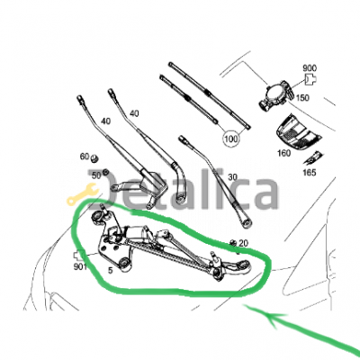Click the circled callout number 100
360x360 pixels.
click(231, 139)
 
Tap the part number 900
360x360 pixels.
click(310, 68)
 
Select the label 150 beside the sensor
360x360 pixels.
click(302, 98)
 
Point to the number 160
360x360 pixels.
click(283, 153)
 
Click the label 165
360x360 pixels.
click(310, 173)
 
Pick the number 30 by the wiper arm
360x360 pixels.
click(232, 177)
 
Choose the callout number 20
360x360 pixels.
click(244, 243)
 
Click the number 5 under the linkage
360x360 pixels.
click(111, 271)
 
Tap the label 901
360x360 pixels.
click(80, 266)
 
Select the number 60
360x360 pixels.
click(85, 157)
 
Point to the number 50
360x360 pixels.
click(96, 175)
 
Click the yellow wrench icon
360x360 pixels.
click(82, 195)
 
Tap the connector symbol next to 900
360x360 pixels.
click(310, 79)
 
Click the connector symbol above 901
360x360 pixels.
click(79, 256)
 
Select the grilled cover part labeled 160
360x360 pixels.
click(298, 131)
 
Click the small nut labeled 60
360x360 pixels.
click(94, 157)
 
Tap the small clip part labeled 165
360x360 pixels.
click(312, 158)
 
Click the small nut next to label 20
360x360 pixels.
click(232, 242)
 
